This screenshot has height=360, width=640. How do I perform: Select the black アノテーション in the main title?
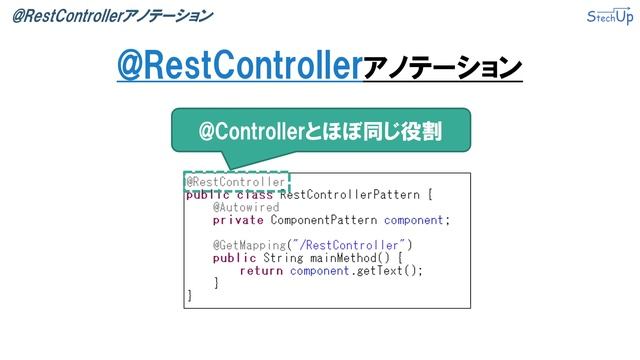tap(441, 68)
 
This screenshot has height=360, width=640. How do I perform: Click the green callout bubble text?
tap(319, 131)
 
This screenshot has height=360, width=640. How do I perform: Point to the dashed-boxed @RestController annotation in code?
tap(236, 182)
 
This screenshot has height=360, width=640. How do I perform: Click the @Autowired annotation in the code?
tap(245, 207)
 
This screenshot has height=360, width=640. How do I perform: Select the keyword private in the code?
tap(238, 220)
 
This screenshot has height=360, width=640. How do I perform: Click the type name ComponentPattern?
tap(323, 220)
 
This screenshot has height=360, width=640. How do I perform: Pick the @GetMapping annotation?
tap(248, 245)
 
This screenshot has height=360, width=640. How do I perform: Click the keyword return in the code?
tap(261, 270)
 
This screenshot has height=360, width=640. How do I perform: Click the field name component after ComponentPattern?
tap(414, 220)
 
